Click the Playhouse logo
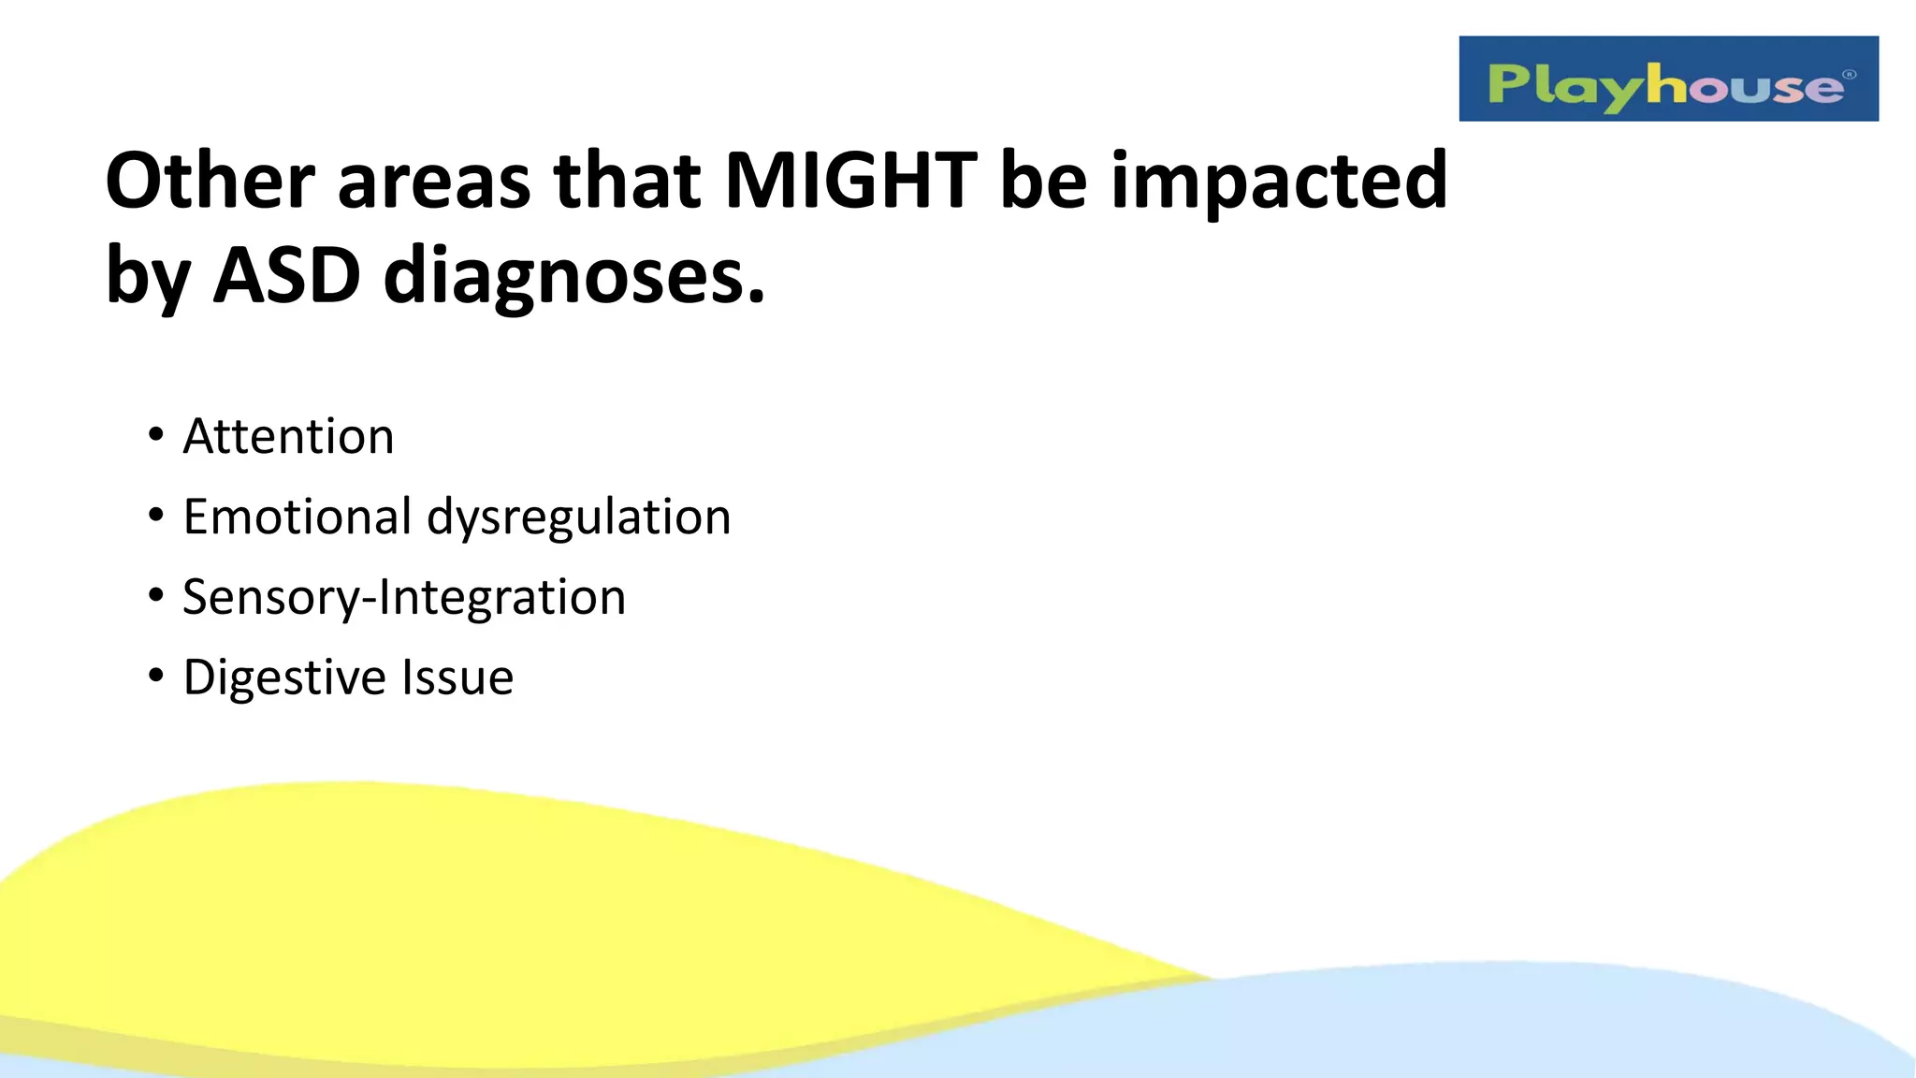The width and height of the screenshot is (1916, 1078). pos(1667,80)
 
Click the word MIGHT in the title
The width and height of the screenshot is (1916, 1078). pos(850,180)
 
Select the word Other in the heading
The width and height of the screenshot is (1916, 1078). pos(210,180)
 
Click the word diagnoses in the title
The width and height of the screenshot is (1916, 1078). pos(573,278)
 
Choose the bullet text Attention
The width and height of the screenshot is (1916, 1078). pos(288,436)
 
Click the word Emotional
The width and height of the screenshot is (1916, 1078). pos(297,517)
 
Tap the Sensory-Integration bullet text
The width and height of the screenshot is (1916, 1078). pos(404,598)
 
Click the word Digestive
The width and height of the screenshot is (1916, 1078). pos(283,678)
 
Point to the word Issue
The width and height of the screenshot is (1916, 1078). pos(457,677)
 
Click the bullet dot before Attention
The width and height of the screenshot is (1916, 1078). pos(155,435)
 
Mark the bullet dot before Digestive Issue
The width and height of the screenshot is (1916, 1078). pos(155,676)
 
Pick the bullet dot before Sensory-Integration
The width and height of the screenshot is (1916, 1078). pos(155,595)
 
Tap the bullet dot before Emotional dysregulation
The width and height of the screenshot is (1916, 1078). pos(155,516)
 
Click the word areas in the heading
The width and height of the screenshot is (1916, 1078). pos(434,180)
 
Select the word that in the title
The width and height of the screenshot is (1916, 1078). pos(627,180)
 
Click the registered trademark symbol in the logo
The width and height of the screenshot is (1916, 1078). pos(1849,75)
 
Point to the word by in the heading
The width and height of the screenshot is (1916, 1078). pos(148,277)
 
